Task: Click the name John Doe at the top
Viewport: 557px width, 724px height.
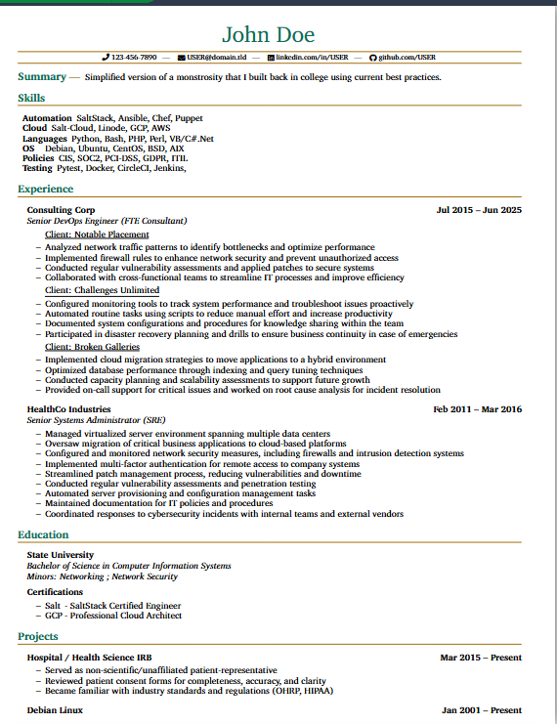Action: tap(269, 35)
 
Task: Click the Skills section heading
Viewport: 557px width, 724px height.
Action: tap(31, 98)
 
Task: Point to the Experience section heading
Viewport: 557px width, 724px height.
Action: tap(45, 190)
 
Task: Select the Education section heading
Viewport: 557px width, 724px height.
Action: tap(43, 534)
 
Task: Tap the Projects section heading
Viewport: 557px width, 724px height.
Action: tap(38, 636)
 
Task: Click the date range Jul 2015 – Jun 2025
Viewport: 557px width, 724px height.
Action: tap(479, 210)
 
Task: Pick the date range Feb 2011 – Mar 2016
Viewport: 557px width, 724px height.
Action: tap(478, 409)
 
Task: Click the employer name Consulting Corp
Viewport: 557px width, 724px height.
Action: tap(61, 210)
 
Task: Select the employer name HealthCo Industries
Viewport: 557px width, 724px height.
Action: tap(68, 409)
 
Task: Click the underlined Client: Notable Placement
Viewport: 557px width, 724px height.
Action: tap(97, 234)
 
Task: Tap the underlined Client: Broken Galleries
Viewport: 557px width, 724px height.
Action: tap(92, 347)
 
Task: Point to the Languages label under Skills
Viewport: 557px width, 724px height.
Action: tap(44, 139)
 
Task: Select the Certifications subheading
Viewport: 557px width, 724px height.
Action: tap(55, 592)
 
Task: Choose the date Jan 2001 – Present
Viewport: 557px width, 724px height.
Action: tap(481, 710)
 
